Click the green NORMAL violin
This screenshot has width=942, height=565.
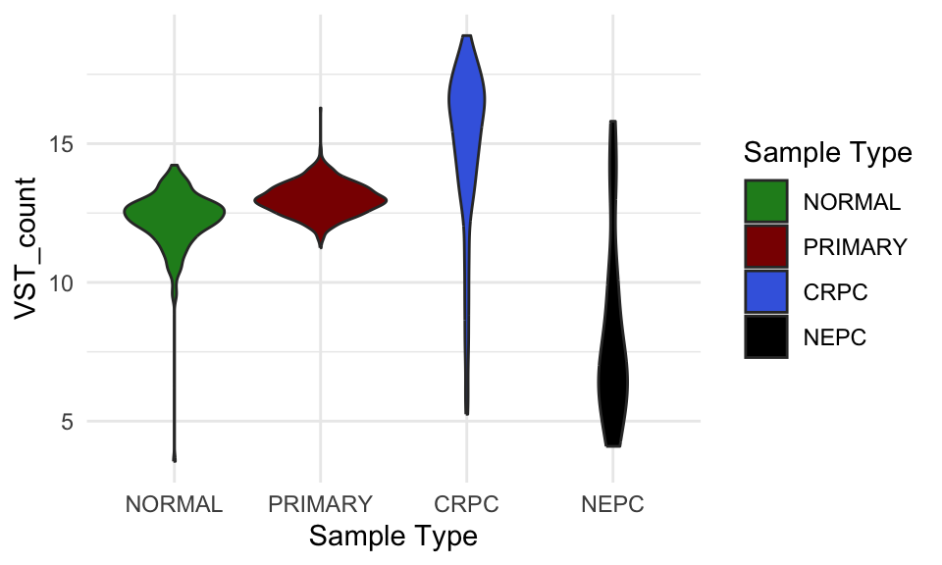pyautogui.click(x=175, y=211)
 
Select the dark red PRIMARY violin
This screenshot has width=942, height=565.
pyautogui.click(x=320, y=200)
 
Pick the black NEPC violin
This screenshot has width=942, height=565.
pyautogui.click(x=613, y=383)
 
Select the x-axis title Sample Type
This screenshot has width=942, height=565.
pyautogui.click(x=392, y=537)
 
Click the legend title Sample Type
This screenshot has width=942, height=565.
pyautogui.click(x=828, y=153)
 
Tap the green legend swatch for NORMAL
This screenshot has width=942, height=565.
pyautogui.click(x=765, y=202)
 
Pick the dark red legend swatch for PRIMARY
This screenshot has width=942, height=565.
pyautogui.click(x=765, y=247)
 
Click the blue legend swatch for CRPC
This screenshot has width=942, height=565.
pyautogui.click(x=765, y=292)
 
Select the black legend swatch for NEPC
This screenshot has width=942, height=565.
pyautogui.click(x=765, y=337)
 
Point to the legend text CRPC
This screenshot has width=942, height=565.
pyautogui.click(x=835, y=292)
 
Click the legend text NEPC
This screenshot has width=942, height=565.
pyautogui.click(x=835, y=337)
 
